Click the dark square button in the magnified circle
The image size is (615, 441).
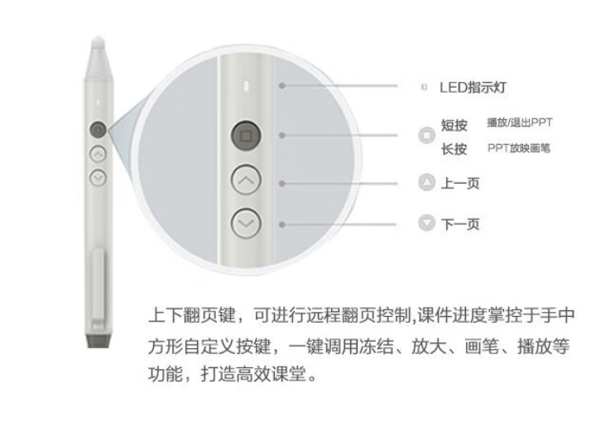pos(246,136)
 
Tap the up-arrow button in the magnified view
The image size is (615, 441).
pos(246,180)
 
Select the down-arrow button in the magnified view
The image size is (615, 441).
pos(246,223)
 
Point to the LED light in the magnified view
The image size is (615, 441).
pos(247,86)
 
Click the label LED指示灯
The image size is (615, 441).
pos(473,88)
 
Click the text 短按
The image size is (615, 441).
pos(454,126)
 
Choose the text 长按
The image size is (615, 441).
pos(454,149)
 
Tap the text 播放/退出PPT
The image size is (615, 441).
pos(520,122)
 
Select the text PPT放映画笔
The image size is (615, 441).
pos(519,148)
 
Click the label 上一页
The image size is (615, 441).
pos(460,184)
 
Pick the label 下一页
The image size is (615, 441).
pos(460,224)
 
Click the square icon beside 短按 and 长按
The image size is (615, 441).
pos(427,136)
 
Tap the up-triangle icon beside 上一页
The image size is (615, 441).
pos(427,182)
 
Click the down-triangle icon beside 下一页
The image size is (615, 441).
pos(427,223)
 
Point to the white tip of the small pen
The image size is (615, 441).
pos(98,43)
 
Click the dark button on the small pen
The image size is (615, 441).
pos(98,129)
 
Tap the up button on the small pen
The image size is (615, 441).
pos(98,154)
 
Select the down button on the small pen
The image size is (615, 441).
pos(98,178)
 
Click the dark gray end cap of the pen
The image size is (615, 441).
pos(98,340)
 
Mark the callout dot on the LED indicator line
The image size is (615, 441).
pos(282,85)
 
